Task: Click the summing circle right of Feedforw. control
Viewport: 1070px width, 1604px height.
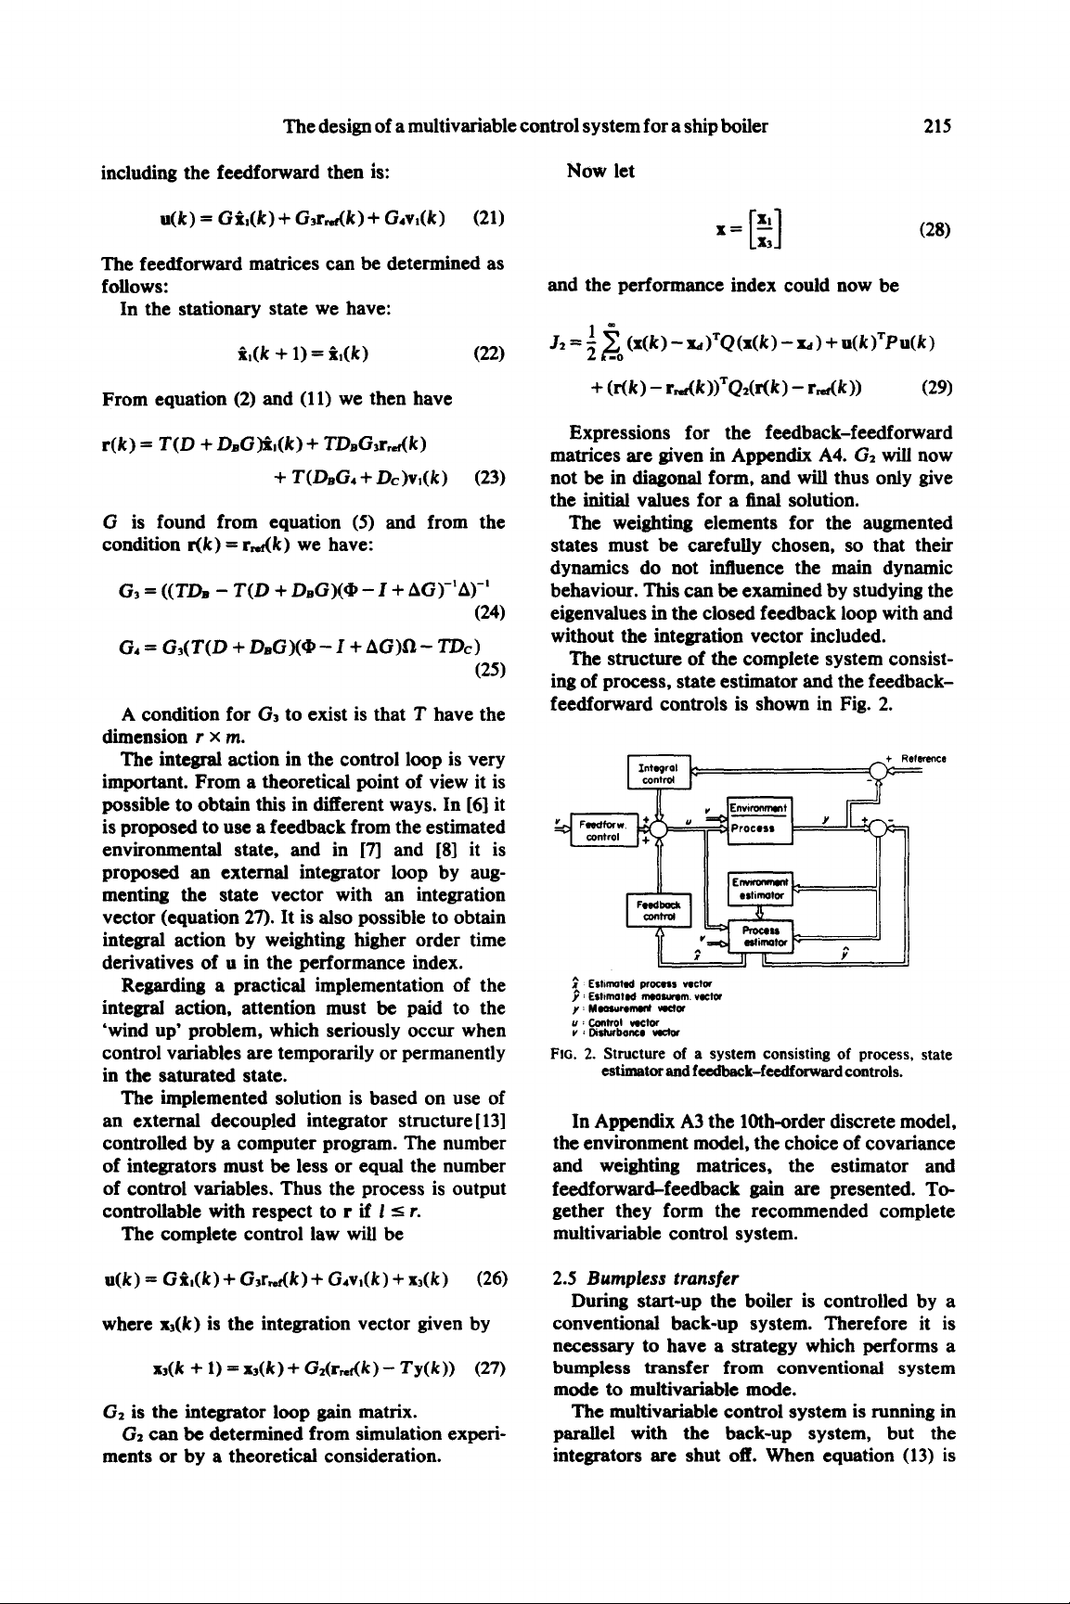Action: (658, 827)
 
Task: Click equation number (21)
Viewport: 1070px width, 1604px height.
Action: (488, 219)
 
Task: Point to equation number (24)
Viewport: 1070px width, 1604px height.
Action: (488, 613)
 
